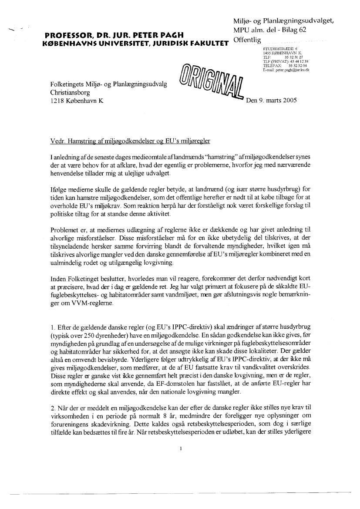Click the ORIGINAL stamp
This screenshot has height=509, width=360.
212,84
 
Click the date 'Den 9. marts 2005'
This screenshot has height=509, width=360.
271,100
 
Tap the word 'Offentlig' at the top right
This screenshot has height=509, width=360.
247,40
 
